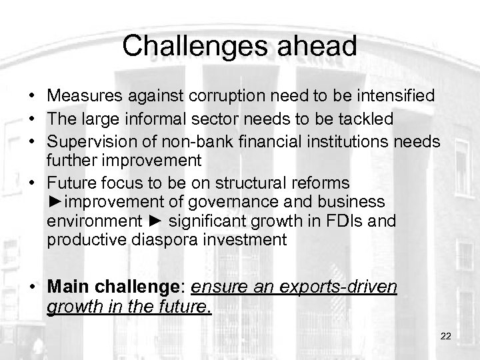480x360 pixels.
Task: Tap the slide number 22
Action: click(446, 337)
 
